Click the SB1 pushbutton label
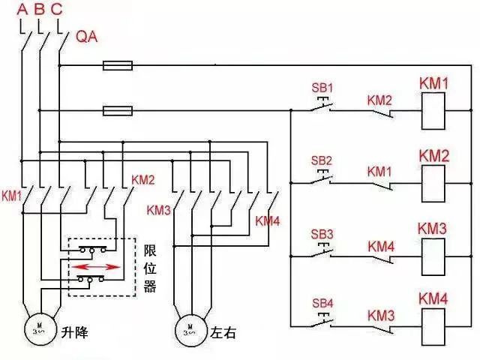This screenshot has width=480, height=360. click(x=321, y=88)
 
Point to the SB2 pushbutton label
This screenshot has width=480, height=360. click(x=321, y=160)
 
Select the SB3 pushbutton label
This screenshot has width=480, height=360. click(x=321, y=233)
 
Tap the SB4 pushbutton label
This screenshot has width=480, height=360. click(x=321, y=303)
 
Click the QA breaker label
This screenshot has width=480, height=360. click(x=87, y=37)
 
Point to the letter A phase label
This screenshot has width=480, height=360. click(x=22, y=10)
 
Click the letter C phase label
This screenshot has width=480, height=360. click(x=57, y=10)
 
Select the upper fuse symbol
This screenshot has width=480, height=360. click(x=118, y=66)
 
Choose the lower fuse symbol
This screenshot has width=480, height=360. click(x=118, y=112)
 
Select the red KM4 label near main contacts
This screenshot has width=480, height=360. click(x=268, y=220)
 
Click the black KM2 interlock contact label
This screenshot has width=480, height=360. click(x=379, y=100)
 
